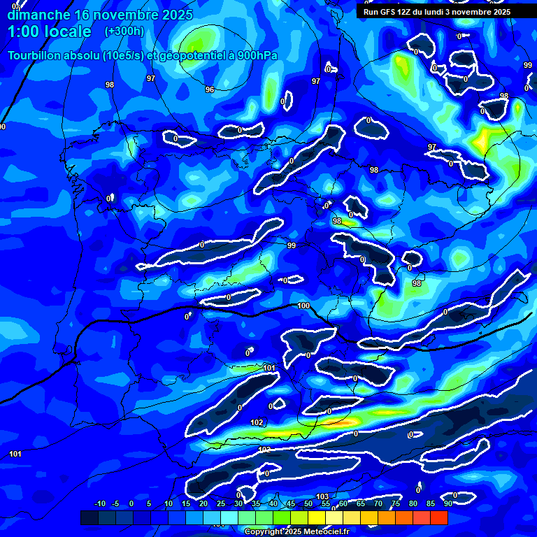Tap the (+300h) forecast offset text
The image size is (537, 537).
point(124,31)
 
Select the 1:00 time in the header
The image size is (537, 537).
point(26,31)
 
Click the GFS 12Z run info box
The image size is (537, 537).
point(437,12)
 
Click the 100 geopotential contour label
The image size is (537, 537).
point(303,306)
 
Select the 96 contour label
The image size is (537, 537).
point(210,89)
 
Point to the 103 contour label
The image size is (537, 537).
point(322,496)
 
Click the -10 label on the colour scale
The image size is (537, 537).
point(99,503)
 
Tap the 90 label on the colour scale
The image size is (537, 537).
point(447,503)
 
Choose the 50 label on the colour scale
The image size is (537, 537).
point(308,503)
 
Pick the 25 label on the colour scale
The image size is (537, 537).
point(221,503)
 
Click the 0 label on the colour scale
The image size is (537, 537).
point(131,503)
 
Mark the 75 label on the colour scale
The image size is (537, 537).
point(396,503)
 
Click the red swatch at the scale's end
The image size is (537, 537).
point(438,517)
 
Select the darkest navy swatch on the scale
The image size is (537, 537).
point(89,517)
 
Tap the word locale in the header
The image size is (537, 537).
point(70,31)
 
